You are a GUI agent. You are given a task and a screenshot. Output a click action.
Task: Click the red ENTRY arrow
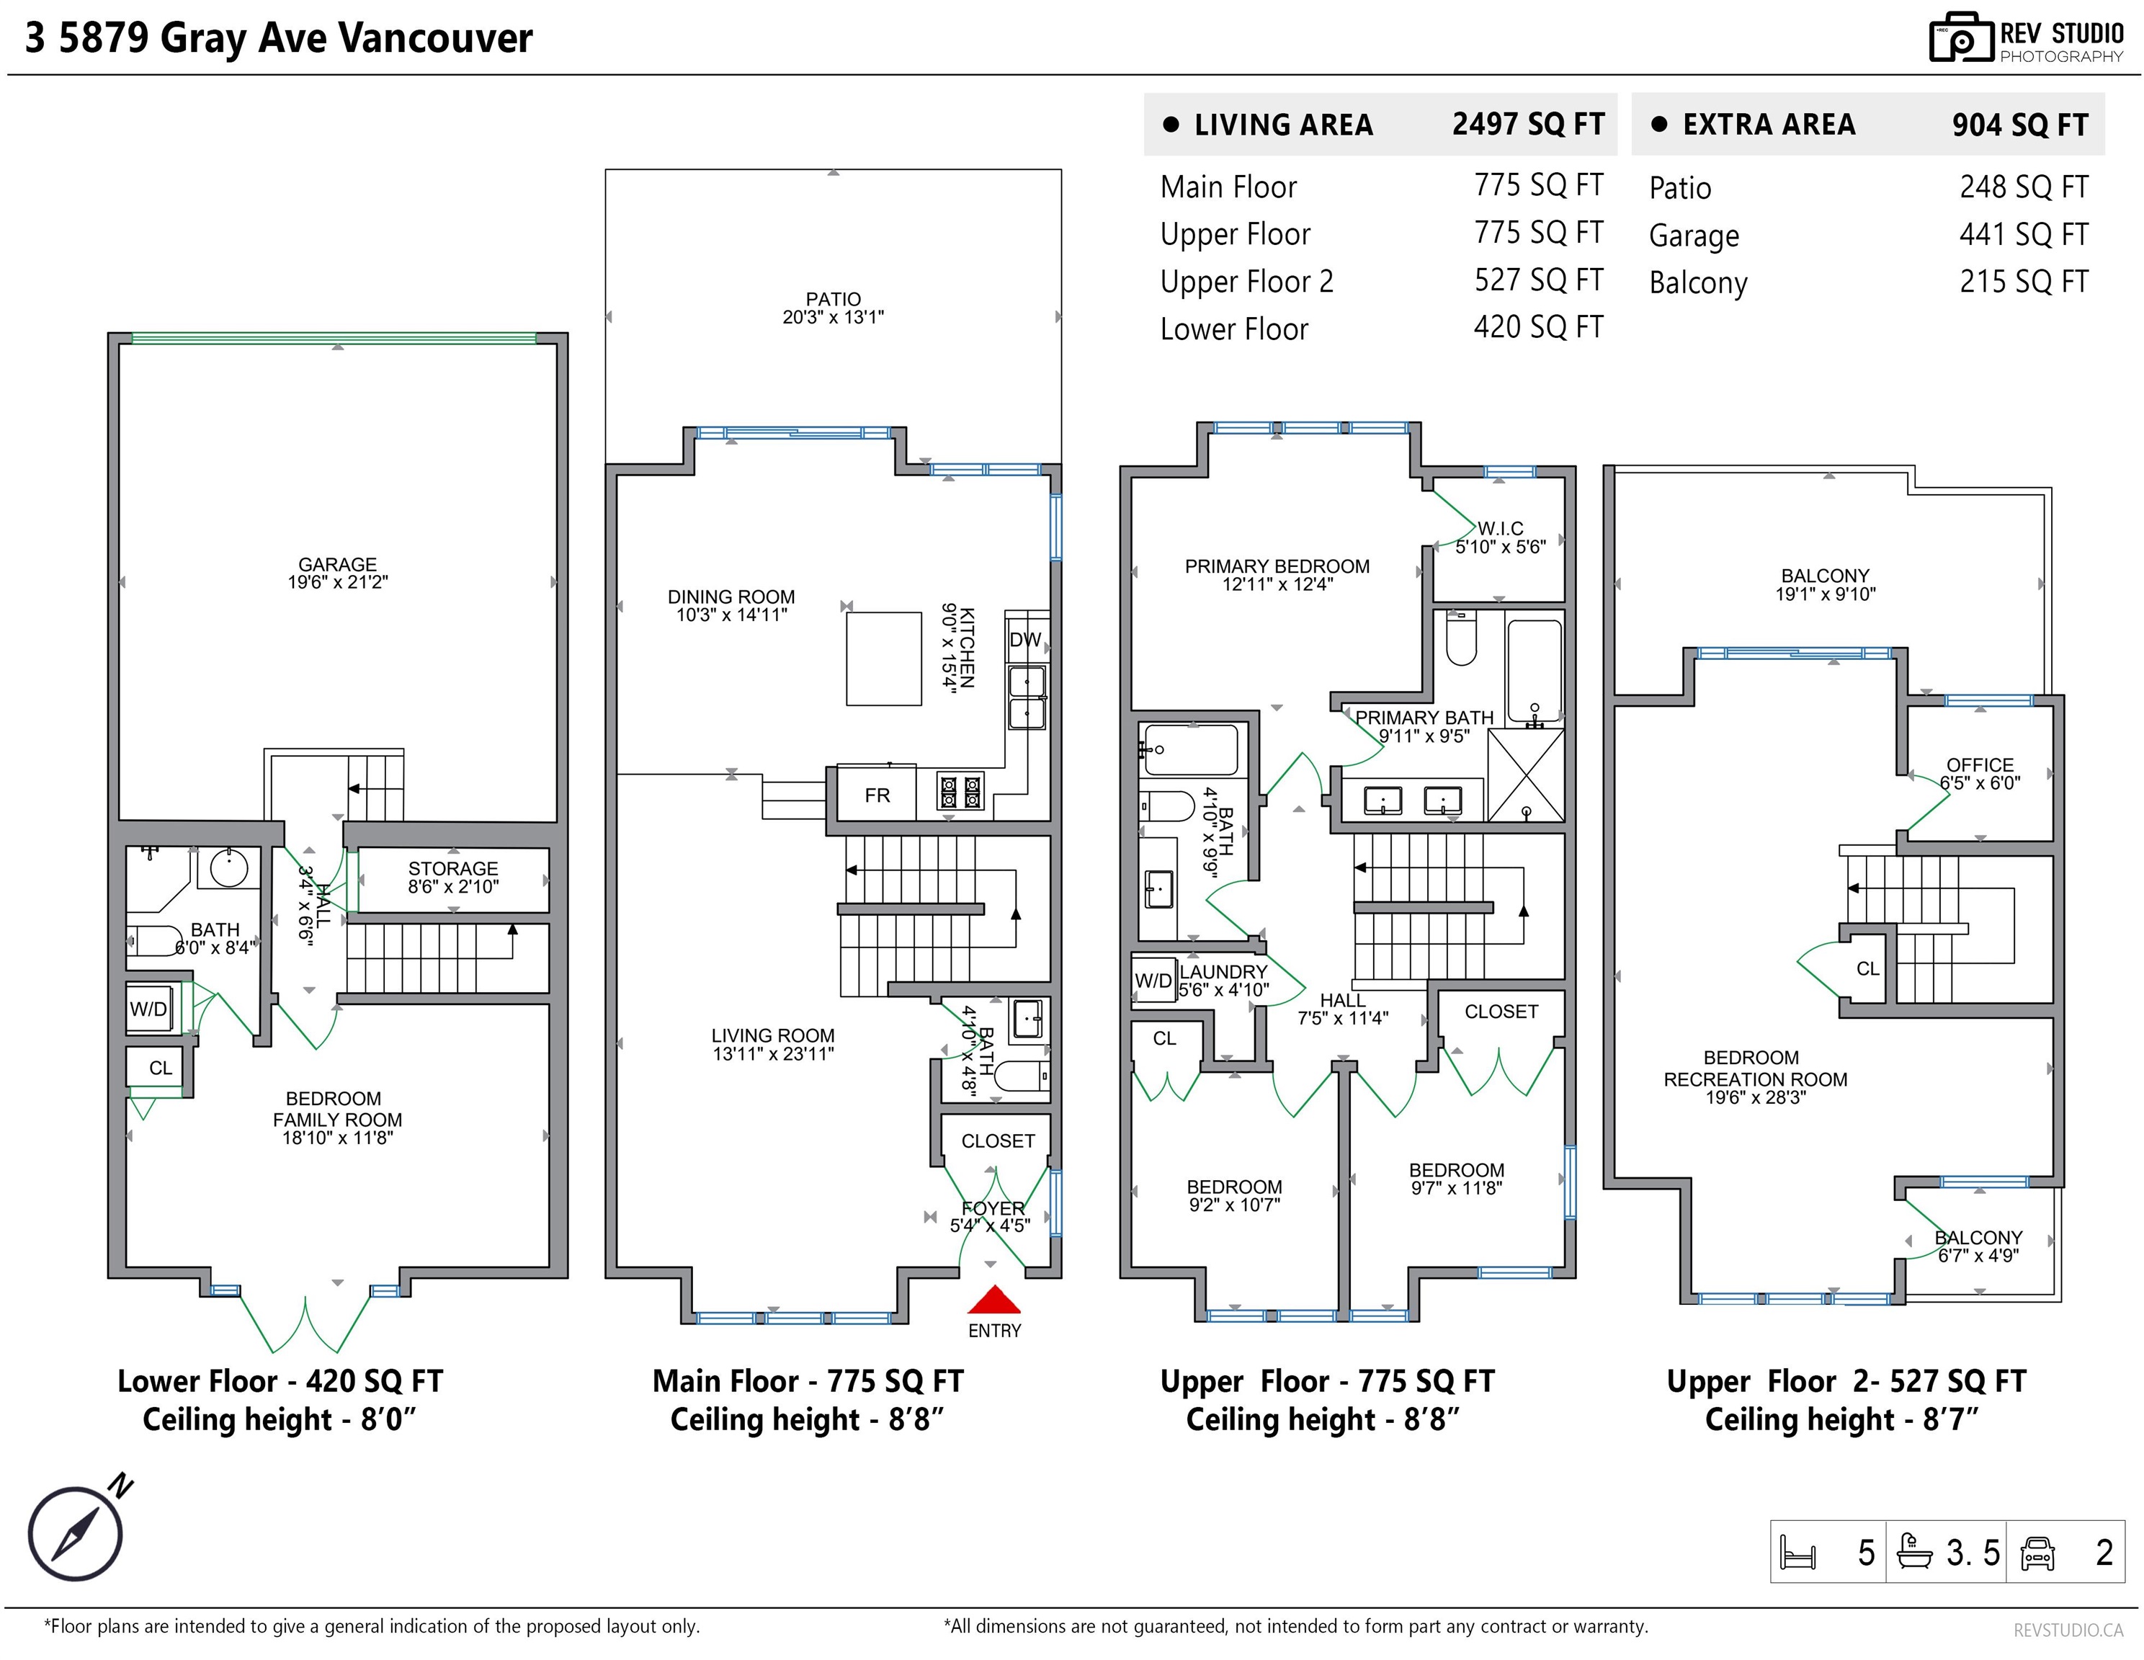[994, 1300]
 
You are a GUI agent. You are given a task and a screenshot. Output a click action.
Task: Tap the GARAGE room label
[338, 564]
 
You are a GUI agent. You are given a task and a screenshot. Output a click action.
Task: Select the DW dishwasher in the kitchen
[1026, 639]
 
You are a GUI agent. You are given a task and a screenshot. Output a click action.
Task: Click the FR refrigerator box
[877, 794]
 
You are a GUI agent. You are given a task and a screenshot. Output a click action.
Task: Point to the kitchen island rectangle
[883, 659]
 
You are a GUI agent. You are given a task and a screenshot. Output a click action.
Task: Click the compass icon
[76, 1533]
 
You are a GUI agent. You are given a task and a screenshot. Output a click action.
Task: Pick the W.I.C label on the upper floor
[1501, 528]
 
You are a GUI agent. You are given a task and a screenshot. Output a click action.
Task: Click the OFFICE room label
[1980, 764]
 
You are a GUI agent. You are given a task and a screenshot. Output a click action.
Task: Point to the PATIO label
[834, 298]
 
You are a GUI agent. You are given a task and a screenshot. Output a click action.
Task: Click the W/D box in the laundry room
[1153, 980]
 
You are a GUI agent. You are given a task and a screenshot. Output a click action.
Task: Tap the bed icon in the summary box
[1798, 1553]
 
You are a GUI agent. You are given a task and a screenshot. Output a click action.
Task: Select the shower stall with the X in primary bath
[1527, 775]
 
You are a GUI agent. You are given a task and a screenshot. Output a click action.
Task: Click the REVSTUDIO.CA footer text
[2068, 1630]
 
